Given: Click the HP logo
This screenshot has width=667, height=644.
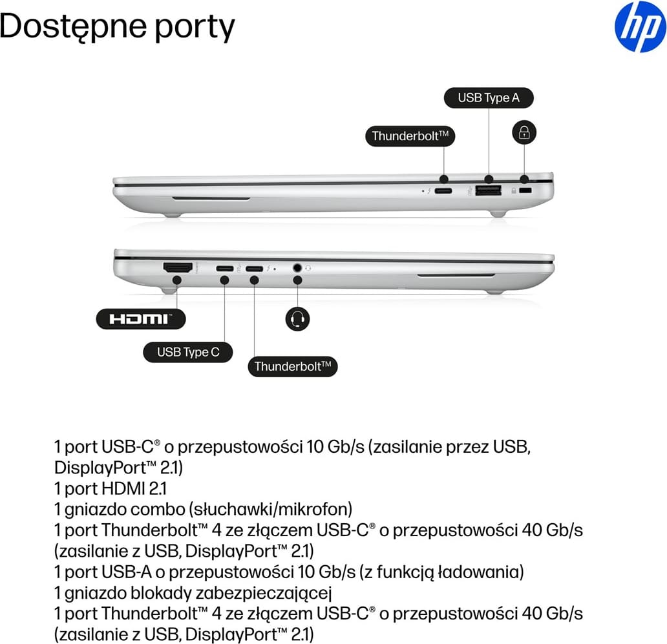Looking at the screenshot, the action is pos(641,26).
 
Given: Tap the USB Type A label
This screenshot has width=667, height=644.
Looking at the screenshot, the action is pos(489,98).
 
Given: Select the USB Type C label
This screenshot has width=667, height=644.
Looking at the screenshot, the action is pos(188,352).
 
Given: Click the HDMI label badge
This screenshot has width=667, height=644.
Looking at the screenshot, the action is pos(141,319).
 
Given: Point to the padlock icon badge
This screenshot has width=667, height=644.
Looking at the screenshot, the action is pos(524,132).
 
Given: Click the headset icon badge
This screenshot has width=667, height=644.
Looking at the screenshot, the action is pos(297,319).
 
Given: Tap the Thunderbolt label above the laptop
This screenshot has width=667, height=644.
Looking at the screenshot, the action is pos(410,136).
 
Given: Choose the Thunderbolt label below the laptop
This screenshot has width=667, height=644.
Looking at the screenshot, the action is pos(293,366).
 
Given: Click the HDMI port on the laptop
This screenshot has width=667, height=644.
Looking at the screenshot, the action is pos(178,268).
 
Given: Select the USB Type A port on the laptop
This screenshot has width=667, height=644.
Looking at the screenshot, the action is pos(489,191).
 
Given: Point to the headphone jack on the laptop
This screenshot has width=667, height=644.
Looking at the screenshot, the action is pos(297,268).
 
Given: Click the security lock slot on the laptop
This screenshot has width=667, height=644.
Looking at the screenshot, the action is pos(525,191).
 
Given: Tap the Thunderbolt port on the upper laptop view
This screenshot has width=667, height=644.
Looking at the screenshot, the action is pos(443,191).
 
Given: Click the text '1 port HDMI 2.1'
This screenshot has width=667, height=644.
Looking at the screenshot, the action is pos(111,488).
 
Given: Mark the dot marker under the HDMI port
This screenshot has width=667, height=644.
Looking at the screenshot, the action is pos(177,280).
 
